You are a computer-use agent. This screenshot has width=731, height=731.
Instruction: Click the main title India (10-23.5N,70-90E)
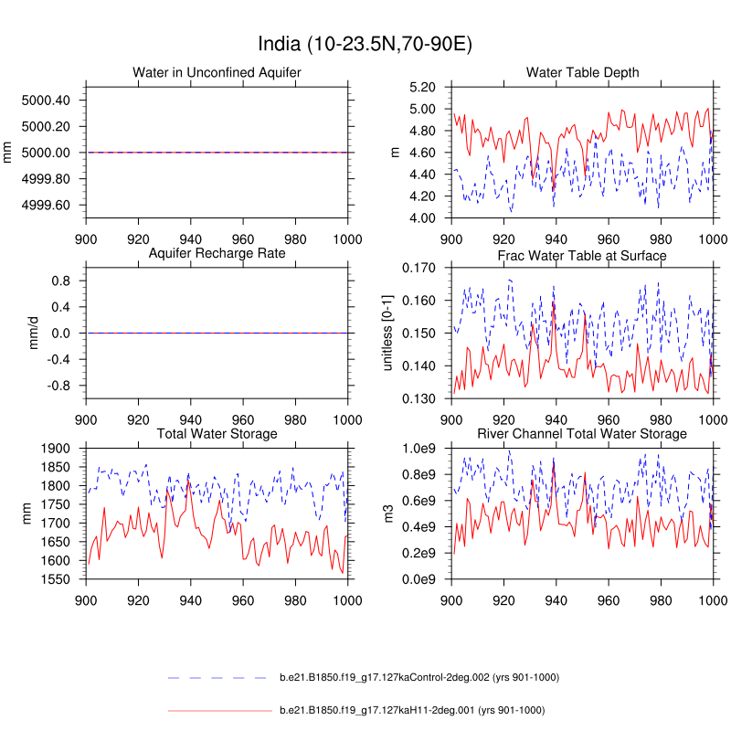pyautogui.click(x=365, y=44)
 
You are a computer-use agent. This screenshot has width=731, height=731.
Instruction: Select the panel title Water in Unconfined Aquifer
pyautogui.click(x=217, y=72)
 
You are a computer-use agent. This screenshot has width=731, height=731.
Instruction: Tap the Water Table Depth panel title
pyautogui.click(x=582, y=72)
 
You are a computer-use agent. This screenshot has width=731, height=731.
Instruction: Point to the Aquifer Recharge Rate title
pyautogui.click(x=217, y=252)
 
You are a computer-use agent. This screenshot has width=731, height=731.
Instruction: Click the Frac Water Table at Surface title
pyautogui.click(x=582, y=255)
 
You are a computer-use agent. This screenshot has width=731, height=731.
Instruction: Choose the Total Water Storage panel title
pyautogui.click(x=217, y=433)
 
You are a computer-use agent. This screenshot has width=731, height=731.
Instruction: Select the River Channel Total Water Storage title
pyautogui.click(x=582, y=433)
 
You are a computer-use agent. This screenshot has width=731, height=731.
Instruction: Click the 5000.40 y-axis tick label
pyautogui.click(x=46, y=100)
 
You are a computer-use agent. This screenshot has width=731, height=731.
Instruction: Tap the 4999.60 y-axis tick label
pyautogui.click(x=46, y=205)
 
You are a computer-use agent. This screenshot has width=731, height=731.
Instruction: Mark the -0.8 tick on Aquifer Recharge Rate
pyautogui.click(x=59, y=386)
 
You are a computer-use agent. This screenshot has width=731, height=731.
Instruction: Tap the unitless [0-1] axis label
pyautogui.click(x=387, y=333)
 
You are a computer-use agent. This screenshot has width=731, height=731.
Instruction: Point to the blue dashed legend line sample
pyautogui.click(x=219, y=678)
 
